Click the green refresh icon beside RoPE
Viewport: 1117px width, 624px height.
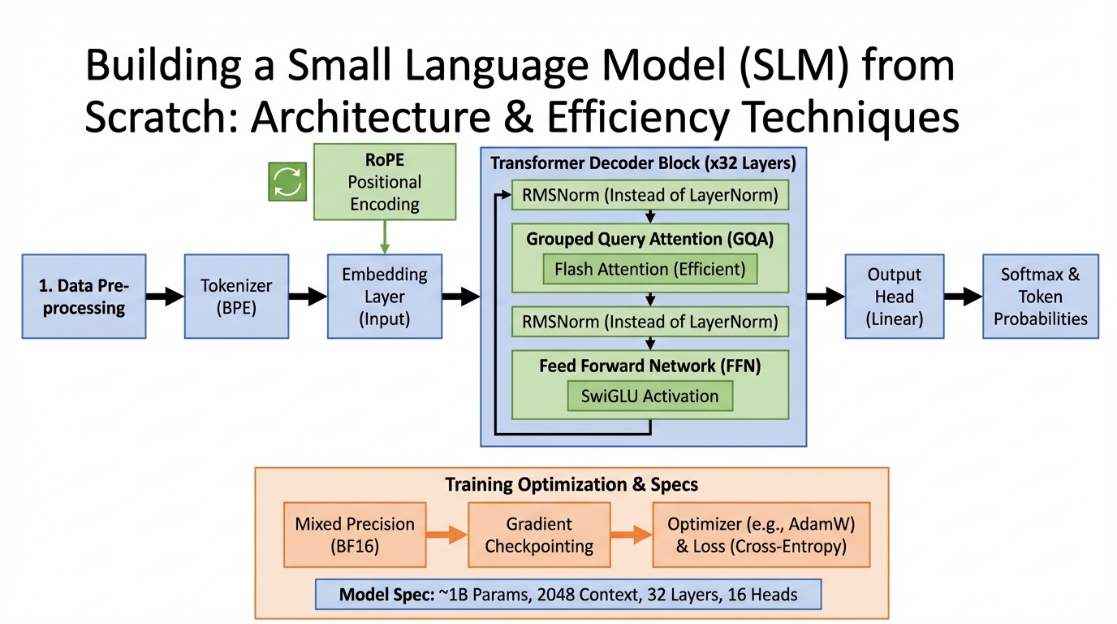pyautogui.click(x=287, y=181)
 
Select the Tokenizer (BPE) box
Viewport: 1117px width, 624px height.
pyautogui.click(x=236, y=297)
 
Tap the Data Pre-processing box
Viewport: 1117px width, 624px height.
pyautogui.click(x=84, y=297)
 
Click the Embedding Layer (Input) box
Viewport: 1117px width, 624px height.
pyautogui.click(x=384, y=297)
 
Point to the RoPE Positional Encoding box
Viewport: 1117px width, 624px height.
pyautogui.click(x=384, y=182)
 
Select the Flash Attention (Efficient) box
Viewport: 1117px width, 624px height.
pyautogui.click(x=649, y=268)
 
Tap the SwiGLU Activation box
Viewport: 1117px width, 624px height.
pyautogui.click(x=649, y=396)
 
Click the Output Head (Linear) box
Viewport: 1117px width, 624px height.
pyautogui.click(x=894, y=297)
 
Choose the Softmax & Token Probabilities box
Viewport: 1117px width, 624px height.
pyautogui.click(x=1040, y=297)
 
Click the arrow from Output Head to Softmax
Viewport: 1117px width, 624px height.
pyautogui.click(x=962, y=297)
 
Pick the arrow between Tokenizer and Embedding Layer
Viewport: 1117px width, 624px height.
pyautogui.click(x=307, y=297)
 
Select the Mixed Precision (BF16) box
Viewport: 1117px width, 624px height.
pyautogui.click(x=354, y=535)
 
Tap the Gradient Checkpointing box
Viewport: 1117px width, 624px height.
pyautogui.click(x=539, y=535)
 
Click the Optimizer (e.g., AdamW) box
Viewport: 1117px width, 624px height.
pyautogui.click(x=761, y=535)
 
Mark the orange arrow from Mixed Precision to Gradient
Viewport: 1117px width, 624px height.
pyautogui.click(x=446, y=535)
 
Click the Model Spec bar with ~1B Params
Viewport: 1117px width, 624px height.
pyautogui.click(x=568, y=594)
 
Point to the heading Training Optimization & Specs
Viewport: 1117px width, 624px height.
pyautogui.click(x=571, y=485)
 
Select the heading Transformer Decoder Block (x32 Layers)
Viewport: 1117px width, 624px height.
pyautogui.click(x=643, y=163)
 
